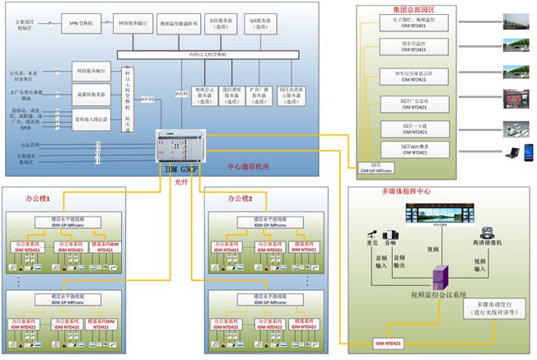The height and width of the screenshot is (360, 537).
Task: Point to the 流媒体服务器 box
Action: [90, 95]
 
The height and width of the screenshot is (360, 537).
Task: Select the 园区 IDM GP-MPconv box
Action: [376, 168]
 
